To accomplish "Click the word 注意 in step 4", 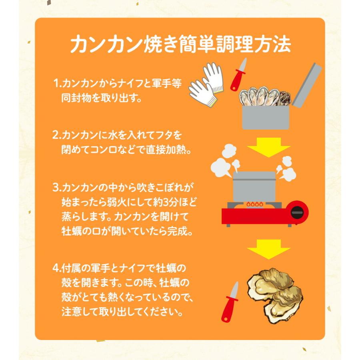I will pyautogui.click(x=73, y=310).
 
